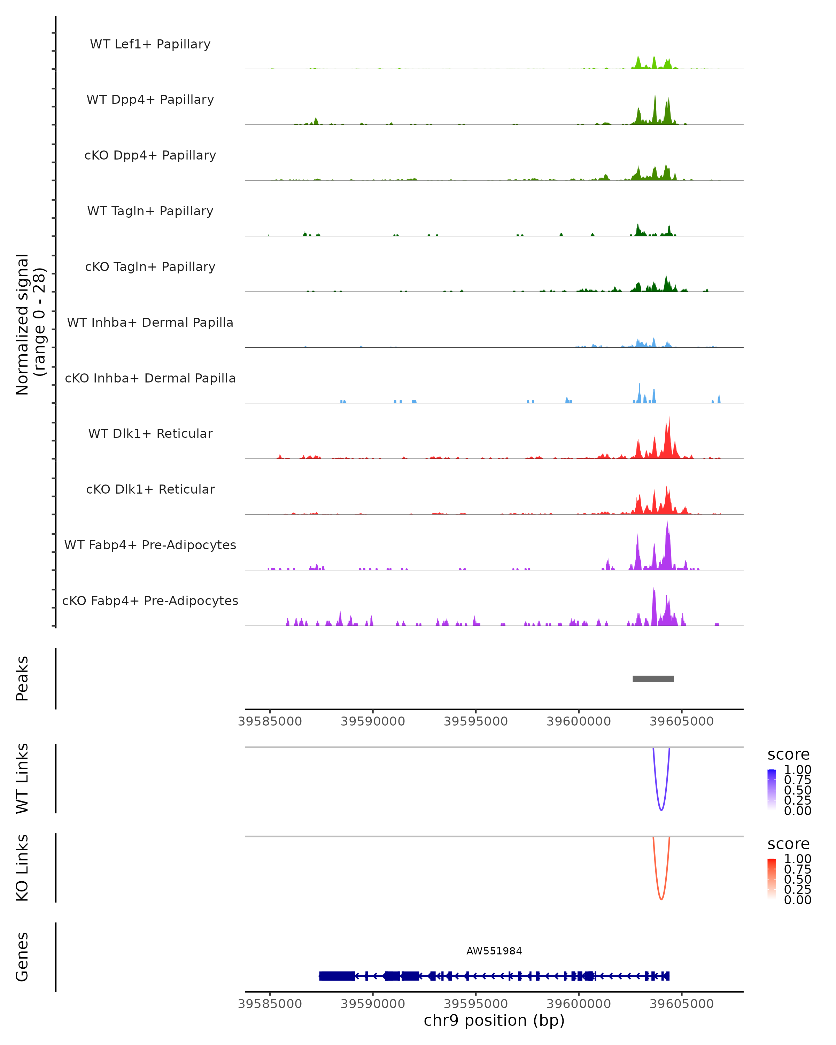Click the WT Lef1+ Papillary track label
150,44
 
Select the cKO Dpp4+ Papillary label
150,155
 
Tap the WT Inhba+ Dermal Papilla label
150,322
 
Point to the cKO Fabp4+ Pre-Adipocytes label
150,601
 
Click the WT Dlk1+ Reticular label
150,433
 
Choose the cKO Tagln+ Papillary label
150,266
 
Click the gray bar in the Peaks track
653,679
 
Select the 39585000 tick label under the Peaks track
270,721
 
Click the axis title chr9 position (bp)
494,1021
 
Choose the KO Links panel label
22,868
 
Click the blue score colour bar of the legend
772,790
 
